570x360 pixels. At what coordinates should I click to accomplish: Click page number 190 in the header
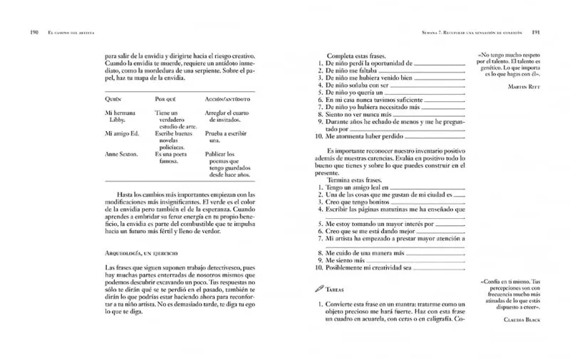tap(33, 32)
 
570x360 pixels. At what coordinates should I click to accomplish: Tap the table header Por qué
tap(167, 98)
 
